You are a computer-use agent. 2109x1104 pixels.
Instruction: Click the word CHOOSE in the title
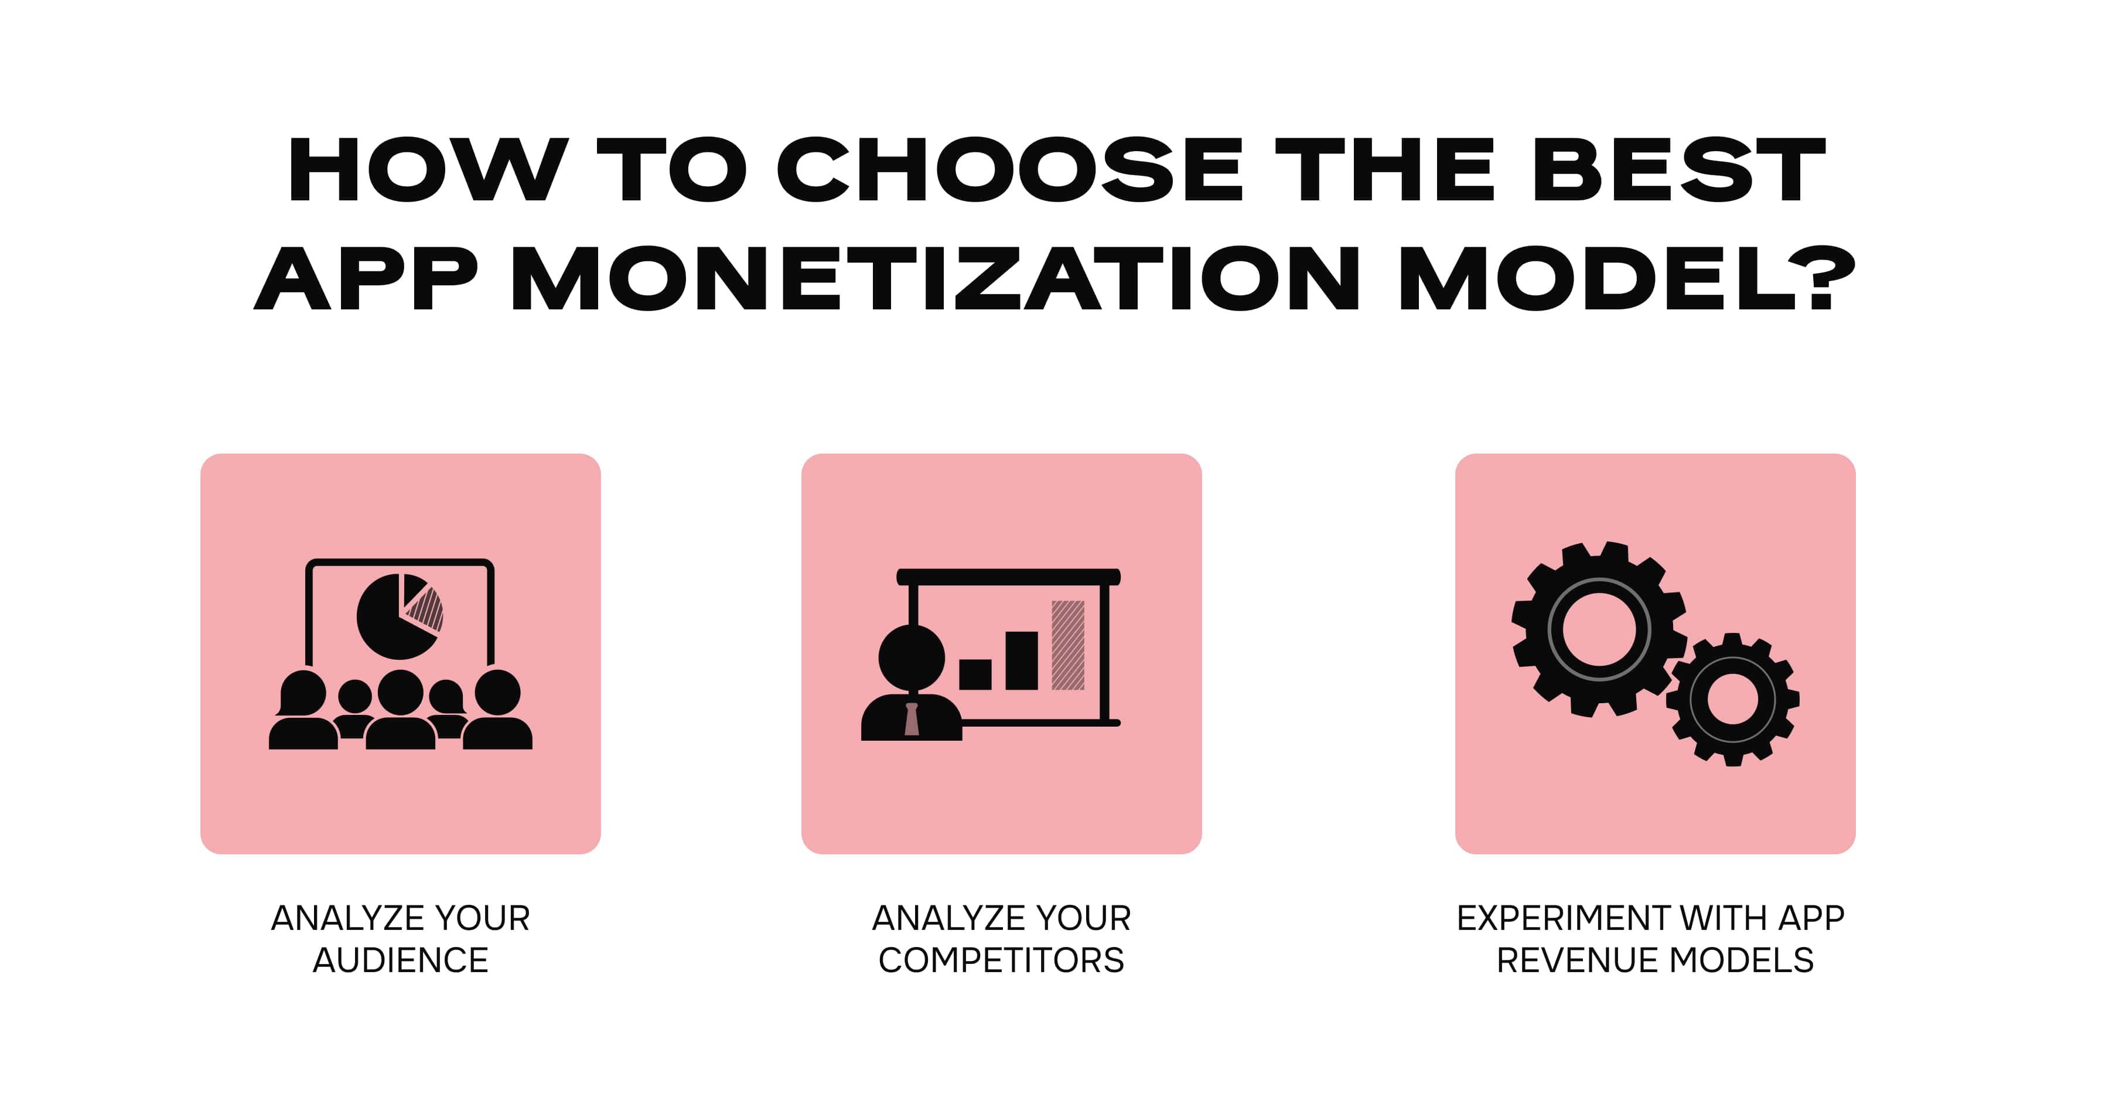pos(1009,171)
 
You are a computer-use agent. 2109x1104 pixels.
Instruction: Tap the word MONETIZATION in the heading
pos(936,278)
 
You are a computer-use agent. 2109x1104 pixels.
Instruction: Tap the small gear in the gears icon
pos(1732,700)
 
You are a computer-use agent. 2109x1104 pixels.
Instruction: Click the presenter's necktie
pos(911,719)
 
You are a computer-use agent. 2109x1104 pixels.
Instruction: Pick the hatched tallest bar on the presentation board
pos(1067,645)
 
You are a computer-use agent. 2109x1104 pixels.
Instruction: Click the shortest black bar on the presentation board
pos(975,674)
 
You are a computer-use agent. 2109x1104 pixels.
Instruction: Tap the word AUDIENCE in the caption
pos(400,960)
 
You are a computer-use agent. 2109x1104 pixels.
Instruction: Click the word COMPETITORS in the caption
pos(1001,960)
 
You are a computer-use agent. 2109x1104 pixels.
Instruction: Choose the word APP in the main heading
pos(365,278)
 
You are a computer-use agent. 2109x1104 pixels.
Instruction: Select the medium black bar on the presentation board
pos(1021,660)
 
